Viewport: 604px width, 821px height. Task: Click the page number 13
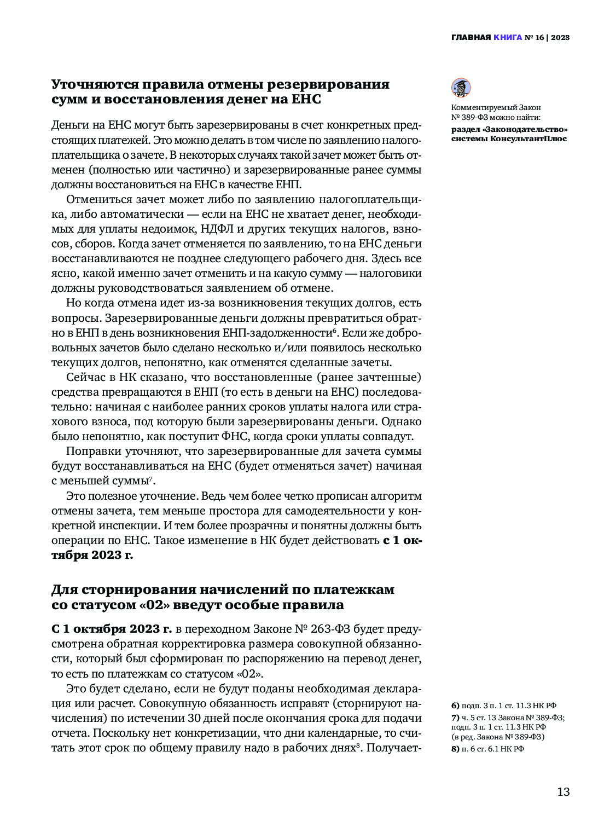563,791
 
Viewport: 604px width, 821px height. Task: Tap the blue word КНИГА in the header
508,38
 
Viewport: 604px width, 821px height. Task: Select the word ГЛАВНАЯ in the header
471,38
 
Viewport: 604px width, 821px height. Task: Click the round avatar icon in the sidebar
461,88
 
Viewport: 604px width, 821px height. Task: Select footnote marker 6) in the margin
455,706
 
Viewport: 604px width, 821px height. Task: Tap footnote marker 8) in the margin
455,749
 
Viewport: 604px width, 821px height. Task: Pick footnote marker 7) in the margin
455,718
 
